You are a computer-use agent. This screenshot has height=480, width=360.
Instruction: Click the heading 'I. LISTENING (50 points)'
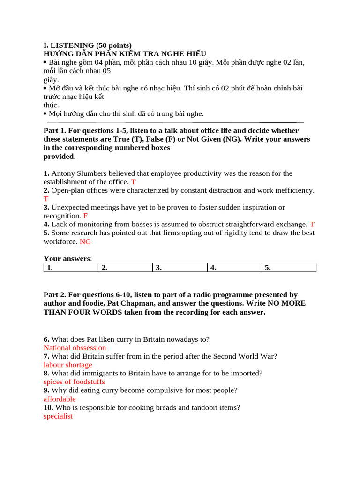pos(88,45)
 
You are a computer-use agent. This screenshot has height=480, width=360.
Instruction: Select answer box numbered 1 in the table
pos(71,268)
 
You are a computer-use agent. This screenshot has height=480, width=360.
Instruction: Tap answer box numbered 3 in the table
pos(180,268)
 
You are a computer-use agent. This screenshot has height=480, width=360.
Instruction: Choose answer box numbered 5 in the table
pos(289,268)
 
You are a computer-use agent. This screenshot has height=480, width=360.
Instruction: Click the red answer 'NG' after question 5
pos(85,241)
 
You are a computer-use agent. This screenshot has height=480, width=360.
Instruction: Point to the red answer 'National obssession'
pos(75,348)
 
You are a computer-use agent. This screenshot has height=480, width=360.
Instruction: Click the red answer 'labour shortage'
pos(67,365)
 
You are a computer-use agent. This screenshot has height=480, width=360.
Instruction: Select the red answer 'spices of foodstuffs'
pos(74,382)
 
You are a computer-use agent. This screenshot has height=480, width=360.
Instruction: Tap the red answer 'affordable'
pos(60,399)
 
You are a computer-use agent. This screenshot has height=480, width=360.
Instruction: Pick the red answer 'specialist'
pos(58,416)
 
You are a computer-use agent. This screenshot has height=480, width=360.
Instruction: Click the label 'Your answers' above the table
pos(67,258)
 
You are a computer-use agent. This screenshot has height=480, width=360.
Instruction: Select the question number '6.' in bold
pos(46,339)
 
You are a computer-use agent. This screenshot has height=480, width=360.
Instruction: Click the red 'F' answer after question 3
pos(85,216)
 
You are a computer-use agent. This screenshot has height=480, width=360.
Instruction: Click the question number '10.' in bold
pos(48,408)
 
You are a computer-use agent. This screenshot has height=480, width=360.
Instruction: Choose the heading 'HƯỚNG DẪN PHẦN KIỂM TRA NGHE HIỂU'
pos(125,54)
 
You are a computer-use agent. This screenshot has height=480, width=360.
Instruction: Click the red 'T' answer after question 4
pos(312,225)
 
